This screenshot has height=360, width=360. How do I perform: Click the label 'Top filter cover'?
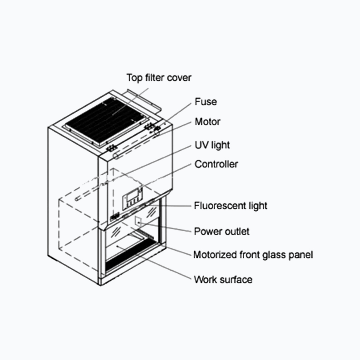point(159,78)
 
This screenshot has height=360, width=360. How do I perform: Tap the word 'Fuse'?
point(206,102)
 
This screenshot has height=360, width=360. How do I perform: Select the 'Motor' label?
point(207,122)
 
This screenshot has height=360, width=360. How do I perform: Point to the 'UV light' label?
point(212,145)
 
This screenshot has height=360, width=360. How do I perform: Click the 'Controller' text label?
point(216,164)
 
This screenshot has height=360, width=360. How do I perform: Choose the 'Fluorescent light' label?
point(231,206)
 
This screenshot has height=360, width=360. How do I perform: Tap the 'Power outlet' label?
point(222,231)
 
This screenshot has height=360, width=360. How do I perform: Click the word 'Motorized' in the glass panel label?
point(215,255)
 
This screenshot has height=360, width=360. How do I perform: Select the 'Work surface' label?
point(223,279)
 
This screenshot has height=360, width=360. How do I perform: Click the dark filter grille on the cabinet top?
point(107,118)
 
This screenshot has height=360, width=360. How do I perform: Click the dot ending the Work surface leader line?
point(118,247)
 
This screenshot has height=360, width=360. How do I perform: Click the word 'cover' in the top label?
point(179,78)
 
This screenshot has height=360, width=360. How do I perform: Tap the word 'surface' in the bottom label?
point(236,279)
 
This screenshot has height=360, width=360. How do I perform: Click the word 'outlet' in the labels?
point(237,231)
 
